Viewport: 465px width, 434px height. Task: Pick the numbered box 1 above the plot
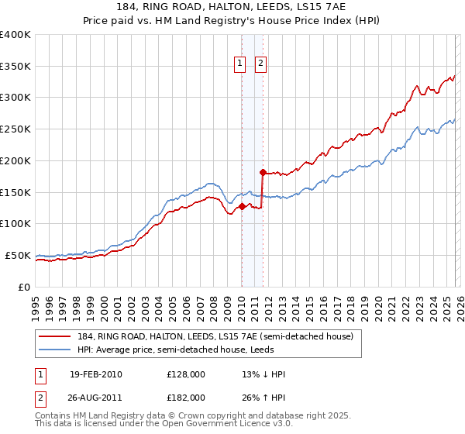click(x=240, y=64)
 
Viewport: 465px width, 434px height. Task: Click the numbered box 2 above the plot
click(x=260, y=64)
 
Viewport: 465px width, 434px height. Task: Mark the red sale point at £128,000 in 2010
click(x=242, y=206)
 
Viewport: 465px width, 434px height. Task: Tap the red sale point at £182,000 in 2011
click(x=263, y=172)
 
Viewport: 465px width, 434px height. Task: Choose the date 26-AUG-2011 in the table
click(x=95, y=397)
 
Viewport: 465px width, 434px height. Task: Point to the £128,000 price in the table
click(x=186, y=374)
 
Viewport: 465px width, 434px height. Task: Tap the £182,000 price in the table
click(x=186, y=397)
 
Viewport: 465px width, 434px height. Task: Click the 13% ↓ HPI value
click(x=263, y=374)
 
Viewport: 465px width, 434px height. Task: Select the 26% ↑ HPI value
click(x=263, y=397)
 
